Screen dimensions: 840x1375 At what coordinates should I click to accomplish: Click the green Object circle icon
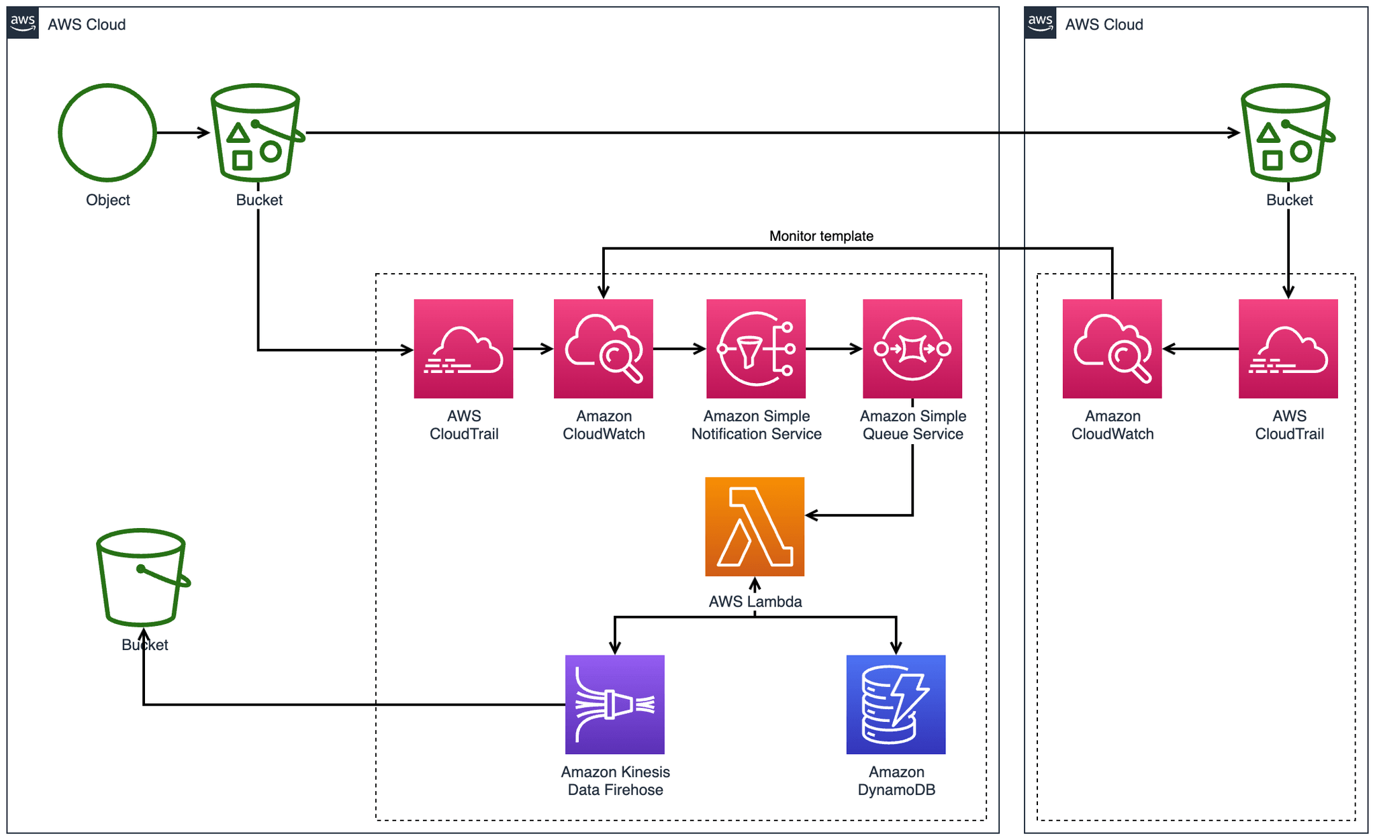coord(107,133)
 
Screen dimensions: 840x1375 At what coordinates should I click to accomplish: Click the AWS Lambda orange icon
coord(755,527)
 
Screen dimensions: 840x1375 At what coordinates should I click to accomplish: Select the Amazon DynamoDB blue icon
coord(896,704)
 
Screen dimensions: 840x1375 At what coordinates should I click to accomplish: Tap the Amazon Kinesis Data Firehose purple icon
coord(615,704)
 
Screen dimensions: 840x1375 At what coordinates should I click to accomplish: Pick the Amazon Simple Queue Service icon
coord(912,349)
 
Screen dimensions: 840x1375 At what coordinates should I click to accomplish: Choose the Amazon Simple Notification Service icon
coord(756,349)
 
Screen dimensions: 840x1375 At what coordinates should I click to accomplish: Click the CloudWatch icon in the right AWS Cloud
coord(1112,349)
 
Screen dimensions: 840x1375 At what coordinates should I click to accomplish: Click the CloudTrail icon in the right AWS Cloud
coord(1288,349)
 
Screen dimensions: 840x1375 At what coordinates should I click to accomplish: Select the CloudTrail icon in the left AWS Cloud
coord(463,349)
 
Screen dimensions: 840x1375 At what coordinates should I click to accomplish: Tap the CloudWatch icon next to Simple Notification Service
coord(603,349)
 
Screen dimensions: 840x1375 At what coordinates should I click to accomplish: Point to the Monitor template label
coord(821,236)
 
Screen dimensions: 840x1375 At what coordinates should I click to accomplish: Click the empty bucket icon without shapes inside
coord(142,577)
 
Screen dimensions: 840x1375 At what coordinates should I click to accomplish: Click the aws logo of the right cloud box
coord(1040,23)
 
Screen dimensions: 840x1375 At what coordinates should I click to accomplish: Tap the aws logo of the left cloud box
coord(23,23)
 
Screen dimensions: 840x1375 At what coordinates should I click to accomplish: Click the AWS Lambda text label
coord(755,602)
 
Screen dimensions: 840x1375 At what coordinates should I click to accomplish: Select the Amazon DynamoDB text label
coord(896,781)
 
